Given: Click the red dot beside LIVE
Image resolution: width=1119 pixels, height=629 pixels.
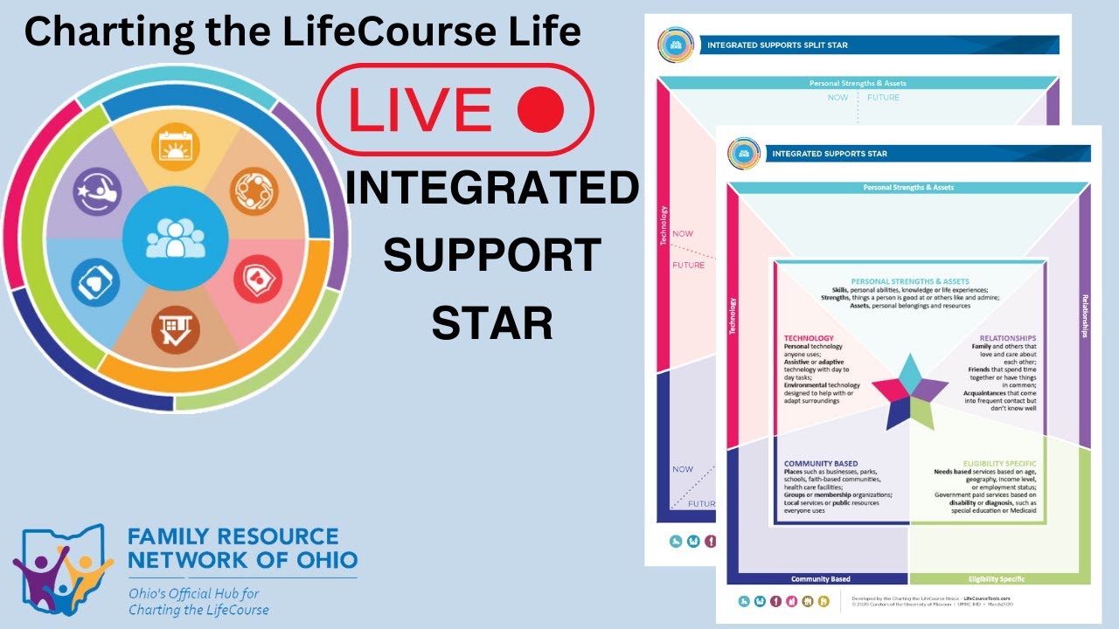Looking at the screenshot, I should click(540, 110).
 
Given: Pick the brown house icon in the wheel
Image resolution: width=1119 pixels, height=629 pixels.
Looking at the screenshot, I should click(176, 329).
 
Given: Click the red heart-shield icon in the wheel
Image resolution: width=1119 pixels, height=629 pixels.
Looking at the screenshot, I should click(257, 282).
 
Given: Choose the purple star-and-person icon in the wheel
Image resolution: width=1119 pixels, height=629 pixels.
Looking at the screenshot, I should click(96, 190).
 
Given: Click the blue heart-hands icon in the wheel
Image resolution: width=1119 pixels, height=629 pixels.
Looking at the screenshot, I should click(95, 282).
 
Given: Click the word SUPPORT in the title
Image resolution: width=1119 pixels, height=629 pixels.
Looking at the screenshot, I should click(491, 255).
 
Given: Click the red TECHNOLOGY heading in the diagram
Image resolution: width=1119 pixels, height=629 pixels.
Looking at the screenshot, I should click(809, 338).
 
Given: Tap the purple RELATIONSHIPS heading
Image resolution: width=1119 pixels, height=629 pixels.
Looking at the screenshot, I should click(1007, 338).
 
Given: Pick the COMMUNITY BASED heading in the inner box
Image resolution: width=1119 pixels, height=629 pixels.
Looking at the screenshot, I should click(821, 464).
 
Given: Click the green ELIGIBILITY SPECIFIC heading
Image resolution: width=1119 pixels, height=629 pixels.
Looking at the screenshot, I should click(999, 464).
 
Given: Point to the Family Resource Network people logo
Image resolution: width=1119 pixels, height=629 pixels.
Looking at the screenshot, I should click(61, 568).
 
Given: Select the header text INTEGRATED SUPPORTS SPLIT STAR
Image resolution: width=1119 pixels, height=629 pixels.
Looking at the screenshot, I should click(777, 45).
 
